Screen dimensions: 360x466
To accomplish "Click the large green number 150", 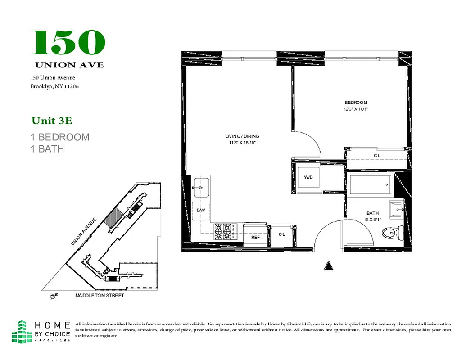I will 68,42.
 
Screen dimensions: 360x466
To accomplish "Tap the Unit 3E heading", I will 52,121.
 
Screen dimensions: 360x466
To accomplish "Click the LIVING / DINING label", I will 242,136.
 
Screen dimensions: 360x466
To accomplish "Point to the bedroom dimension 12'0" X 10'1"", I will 353,109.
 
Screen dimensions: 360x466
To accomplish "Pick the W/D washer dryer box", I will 308,177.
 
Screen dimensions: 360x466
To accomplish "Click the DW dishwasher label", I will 201,210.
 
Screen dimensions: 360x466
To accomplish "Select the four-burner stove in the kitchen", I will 224,231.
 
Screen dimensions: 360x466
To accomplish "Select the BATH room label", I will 372,213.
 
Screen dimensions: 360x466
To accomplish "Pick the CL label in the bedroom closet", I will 377,156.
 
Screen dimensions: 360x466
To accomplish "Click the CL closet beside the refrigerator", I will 282,234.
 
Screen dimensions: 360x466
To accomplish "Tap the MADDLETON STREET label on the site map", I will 100,296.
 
